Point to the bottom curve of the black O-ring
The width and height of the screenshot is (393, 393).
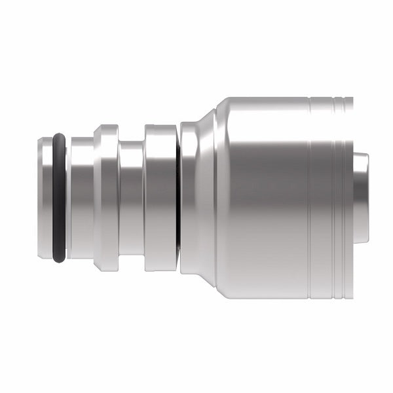click(x=59, y=258)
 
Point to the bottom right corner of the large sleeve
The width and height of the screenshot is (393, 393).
click(x=351, y=296)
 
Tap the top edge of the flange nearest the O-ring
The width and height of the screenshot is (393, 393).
click(x=105, y=126)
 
